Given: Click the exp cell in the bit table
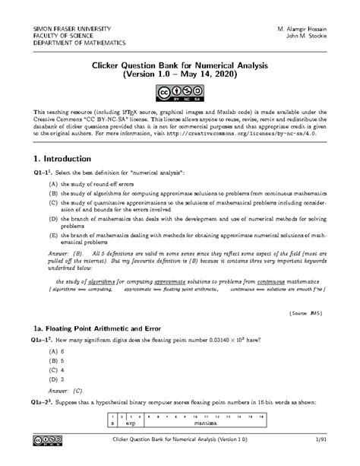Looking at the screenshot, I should pos(131,423).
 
